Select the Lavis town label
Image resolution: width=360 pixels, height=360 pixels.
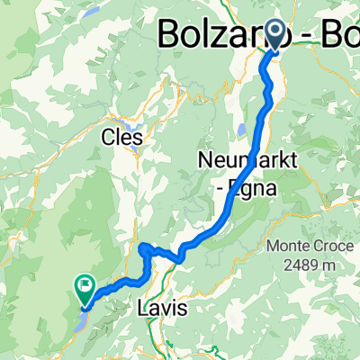coord(164,308)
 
